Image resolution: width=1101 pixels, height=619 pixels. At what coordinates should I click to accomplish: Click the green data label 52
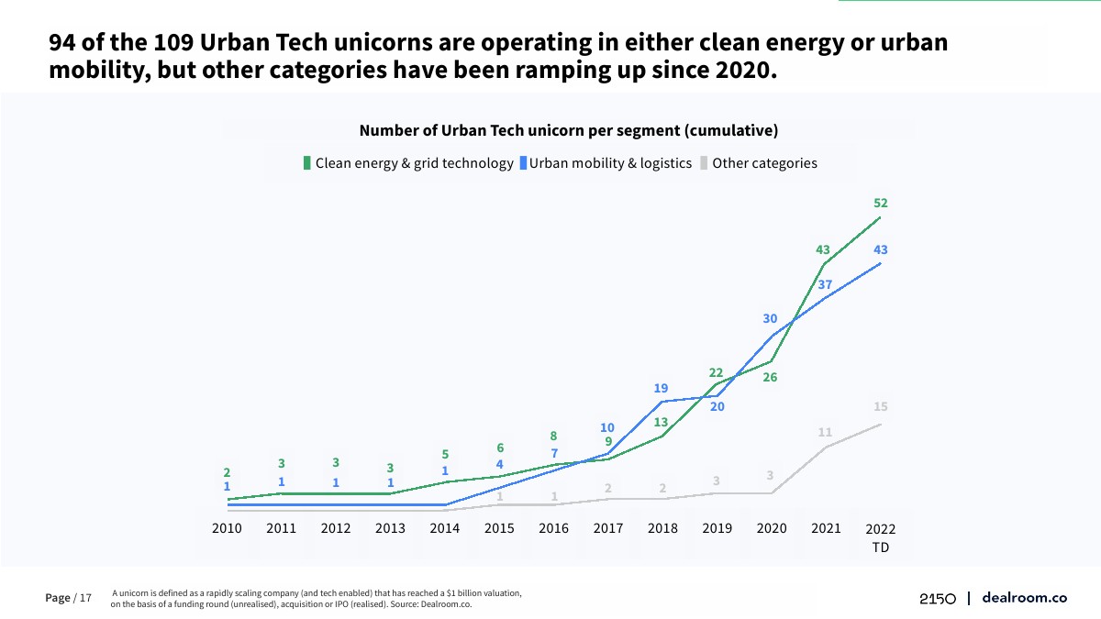pyautogui.click(x=881, y=204)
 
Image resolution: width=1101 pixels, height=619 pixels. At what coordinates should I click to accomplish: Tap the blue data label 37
pyautogui.click(x=825, y=285)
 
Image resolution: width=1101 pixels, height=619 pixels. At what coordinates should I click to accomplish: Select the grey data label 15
pyautogui.click(x=881, y=406)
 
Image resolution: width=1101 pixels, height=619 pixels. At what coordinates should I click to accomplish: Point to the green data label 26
pyautogui.click(x=770, y=377)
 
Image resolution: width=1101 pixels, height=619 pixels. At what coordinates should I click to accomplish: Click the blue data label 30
pyautogui.click(x=770, y=318)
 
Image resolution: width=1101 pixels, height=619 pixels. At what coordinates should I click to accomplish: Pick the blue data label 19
pyautogui.click(x=662, y=388)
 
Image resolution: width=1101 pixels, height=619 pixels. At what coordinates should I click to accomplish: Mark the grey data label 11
pyautogui.click(x=825, y=432)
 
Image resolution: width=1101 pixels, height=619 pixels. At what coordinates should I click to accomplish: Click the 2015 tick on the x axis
pyautogui.click(x=499, y=528)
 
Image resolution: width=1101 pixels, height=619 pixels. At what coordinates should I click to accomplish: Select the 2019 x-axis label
pyautogui.click(x=717, y=528)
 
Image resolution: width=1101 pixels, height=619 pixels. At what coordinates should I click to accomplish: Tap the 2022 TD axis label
pyautogui.click(x=881, y=538)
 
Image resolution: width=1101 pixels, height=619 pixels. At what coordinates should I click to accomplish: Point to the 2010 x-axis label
pyautogui.click(x=227, y=528)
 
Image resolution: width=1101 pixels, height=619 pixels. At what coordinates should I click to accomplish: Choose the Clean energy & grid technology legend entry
pyautogui.click(x=409, y=163)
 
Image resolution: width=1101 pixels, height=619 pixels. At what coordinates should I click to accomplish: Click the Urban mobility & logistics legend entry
pyautogui.click(x=606, y=163)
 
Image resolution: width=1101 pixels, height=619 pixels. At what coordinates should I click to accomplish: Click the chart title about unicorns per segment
pyautogui.click(x=569, y=130)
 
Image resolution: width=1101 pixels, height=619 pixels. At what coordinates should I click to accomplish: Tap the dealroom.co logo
pyautogui.click(x=1024, y=597)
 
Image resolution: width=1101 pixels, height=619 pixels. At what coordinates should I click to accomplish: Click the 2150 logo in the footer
pyautogui.click(x=938, y=598)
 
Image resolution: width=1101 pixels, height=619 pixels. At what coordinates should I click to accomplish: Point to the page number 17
pyautogui.click(x=85, y=598)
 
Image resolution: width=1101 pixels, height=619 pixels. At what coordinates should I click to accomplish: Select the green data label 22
pyautogui.click(x=717, y=372)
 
